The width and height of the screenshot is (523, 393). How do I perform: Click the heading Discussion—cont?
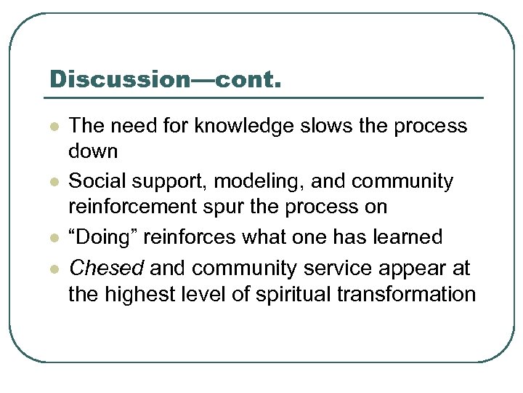tap(164, 79)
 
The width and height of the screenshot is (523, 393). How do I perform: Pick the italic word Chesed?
tap(106, 269)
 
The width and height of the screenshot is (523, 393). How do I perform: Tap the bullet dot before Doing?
tap(53, 238)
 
